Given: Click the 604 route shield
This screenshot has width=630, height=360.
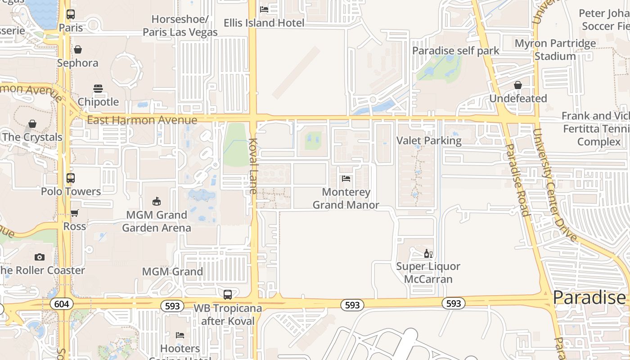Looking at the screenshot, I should click(x=61, y=304).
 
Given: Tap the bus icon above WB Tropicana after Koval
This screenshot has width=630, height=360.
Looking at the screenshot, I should click(x=228, y=295).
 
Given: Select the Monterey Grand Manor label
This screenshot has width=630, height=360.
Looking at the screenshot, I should click(x=346, y=198).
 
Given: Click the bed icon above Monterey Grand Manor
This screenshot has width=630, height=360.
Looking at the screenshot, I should click(x=346, y=179).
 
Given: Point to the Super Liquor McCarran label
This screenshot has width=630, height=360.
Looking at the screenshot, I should click(x=428, y=272).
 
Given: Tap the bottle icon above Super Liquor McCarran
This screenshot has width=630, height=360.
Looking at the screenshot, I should click(x=428, y=254).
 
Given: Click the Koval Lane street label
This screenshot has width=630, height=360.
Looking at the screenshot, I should click(x=252, y=166).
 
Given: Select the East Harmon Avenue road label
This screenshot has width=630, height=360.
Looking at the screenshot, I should click(x=142, y=120).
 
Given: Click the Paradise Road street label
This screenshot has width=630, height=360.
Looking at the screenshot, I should click(x=517, y=180).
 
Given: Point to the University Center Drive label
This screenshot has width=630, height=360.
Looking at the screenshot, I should click(x=554, y=184).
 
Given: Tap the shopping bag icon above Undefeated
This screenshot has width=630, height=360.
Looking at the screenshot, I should click(x=518, y=85).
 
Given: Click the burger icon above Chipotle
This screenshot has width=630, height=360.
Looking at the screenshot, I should click(x=98, y=89).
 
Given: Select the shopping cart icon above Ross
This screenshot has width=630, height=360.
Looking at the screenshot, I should click(x=75, y=213).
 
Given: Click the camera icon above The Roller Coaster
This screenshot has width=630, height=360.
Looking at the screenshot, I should click(x=40, y=257).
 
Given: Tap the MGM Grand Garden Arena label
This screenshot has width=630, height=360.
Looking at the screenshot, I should click(x=157, y=221).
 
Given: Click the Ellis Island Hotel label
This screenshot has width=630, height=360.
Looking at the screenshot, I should click(x=264, y=22).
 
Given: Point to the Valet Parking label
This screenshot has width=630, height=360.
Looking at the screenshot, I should click(x=429, y=140).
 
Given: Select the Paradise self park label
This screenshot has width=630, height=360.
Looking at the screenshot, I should click(x=456, y=50).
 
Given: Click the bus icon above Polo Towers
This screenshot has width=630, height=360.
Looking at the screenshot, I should click(x=71, y=178).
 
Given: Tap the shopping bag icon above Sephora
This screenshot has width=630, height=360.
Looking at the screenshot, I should click(x=78, y=49).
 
